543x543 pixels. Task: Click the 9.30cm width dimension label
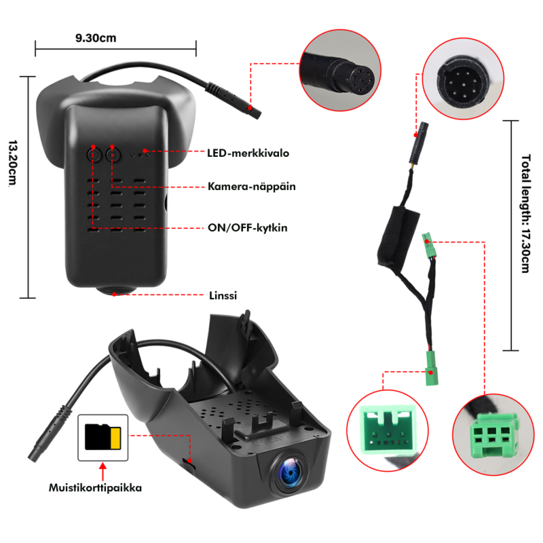(96, 38)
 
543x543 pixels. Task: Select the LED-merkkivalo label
(248, 153)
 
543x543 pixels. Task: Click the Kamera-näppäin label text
(251, 185)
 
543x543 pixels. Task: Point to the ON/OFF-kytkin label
(247, 227)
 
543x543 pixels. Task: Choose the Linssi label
(224, 295)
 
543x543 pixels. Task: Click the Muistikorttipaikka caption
(95, 487)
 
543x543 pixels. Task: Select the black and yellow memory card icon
(103, 437)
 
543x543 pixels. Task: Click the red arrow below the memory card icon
(103, 469)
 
